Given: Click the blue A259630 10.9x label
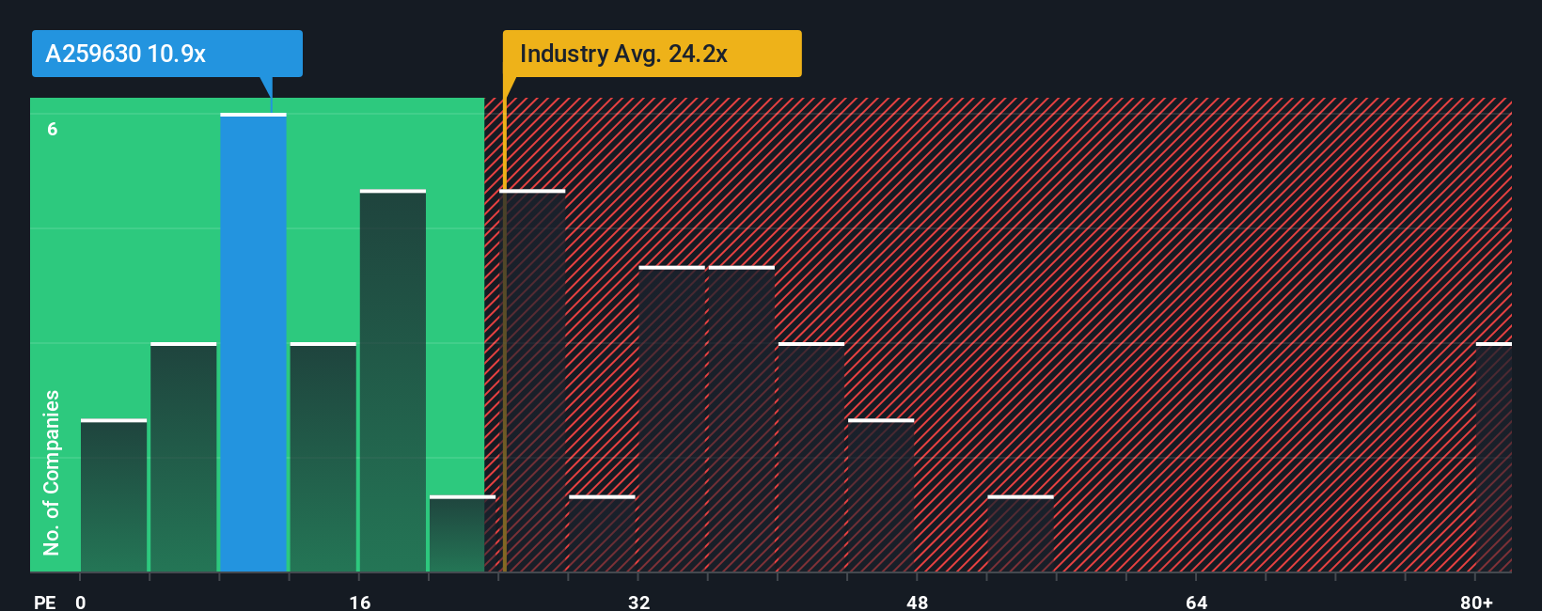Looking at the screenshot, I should (x=166, y=54).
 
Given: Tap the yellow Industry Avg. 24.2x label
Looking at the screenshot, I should (x=652, y=54).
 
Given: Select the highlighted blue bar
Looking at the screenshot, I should (x=253, y=343).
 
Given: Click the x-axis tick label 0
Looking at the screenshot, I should (x=81, y=602).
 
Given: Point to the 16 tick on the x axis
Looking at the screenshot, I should (x=360, y=602).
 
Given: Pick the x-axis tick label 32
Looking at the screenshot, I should (x=638, y=602).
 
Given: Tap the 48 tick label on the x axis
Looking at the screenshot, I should (x=917, y=602).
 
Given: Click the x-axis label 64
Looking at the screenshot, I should (x=1196, y=602).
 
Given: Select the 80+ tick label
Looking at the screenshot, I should (x=1476, y=602).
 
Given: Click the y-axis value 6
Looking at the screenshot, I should (x=53, y=129).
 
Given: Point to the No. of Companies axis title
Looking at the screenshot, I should (x=52, y=472).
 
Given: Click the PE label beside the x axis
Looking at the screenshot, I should (x=45, y=602).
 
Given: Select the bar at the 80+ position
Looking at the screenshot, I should (x=1493, y=458).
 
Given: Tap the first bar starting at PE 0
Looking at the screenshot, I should (x=114, y=495).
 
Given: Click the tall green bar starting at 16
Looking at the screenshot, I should (x=393, y=381).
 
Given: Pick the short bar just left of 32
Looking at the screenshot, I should (x=602, y=534).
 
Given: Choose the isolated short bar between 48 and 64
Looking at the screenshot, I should (x=1020, y=534).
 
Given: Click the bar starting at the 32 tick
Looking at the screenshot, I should (x=671, y=419).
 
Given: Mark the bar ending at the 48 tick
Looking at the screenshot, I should (x=881, y=495).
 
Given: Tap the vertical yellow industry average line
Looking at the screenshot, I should (x=504, y=376).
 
